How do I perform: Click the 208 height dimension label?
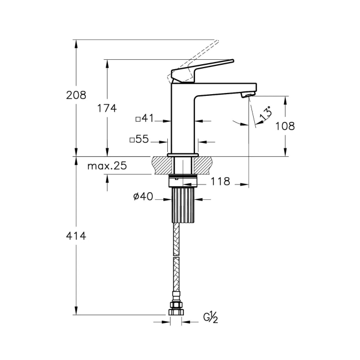[x=76, y=95]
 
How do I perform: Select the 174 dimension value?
[x=107, y=109]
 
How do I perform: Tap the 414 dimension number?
[x=76, y=236]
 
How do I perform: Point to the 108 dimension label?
[x=285, y=126]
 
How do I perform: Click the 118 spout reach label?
[x=220, y=181]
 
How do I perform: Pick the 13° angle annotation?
[x=265, y=113]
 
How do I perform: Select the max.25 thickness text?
[x=107, y=166]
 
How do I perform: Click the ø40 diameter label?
[x=143, y=197]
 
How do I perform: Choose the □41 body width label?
[x=145, y=119]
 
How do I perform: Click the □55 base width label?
[x=139, y=139]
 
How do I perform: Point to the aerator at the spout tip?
[x=247, y=94]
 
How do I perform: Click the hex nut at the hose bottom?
[x=176, y=312]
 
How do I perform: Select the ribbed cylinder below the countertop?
[x=183, y=205]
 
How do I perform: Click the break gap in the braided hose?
[x=176, y=256]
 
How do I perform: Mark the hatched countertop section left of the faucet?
[x=162, y=165]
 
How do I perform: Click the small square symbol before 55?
[x=132, y=140]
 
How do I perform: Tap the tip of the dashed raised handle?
[x=217, y=41]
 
